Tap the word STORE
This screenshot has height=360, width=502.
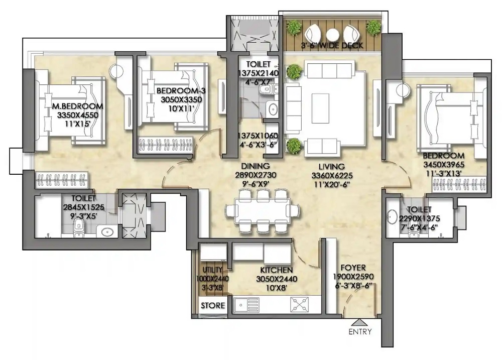213,306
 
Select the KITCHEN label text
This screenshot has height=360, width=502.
276,270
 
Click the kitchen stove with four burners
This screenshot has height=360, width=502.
300,304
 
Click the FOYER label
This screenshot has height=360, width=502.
353,268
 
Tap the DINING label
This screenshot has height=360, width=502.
255,166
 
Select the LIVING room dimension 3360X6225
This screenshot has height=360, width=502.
332,176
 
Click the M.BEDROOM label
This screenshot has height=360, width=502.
78,106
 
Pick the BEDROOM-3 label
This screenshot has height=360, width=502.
181,91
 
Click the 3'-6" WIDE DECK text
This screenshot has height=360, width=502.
332,46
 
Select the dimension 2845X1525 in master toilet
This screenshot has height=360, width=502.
83,207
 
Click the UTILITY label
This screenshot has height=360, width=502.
212,270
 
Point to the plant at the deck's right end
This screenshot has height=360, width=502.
373,27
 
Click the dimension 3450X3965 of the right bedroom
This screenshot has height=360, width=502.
444,165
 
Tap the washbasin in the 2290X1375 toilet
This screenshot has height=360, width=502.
393,217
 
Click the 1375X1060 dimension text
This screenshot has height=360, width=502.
258,136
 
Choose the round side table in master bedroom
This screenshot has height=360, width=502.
115,71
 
